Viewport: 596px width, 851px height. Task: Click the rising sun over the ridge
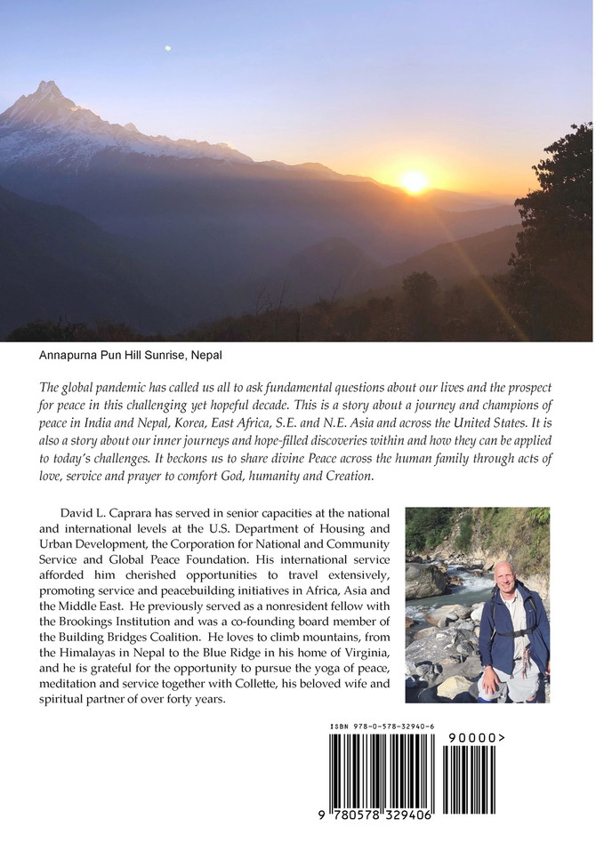pyautogui.click(x=414, y=181)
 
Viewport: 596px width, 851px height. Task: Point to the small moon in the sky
pyautogui.click(x=166, y=48)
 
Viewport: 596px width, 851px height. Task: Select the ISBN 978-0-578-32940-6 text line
pyautogui.click(x=382, y=727)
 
